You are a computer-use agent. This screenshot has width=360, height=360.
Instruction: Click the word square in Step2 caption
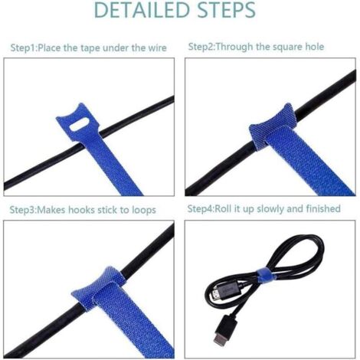pos(283,47)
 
